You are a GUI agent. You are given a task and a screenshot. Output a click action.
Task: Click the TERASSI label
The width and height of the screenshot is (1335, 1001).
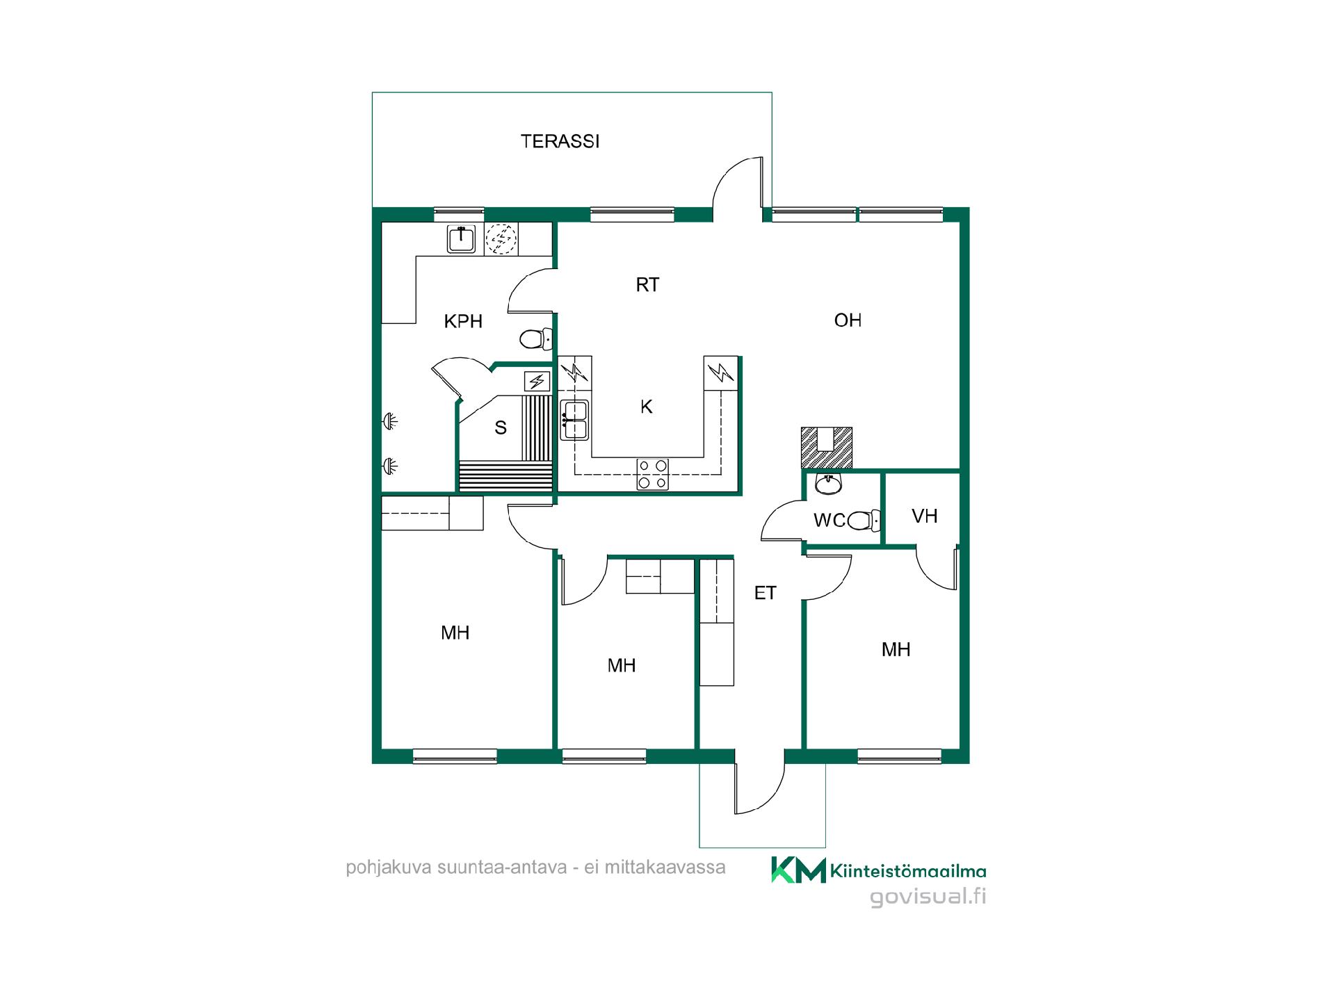point(560,141)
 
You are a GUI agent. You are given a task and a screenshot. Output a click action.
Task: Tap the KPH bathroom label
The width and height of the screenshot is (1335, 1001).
point(463,321)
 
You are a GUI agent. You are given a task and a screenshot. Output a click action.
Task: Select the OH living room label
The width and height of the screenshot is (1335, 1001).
point(848,320)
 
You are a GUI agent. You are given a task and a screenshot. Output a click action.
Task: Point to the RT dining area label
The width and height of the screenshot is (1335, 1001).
point(647,284)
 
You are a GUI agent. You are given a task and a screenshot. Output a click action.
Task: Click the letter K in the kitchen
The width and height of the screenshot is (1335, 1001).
point(647,407)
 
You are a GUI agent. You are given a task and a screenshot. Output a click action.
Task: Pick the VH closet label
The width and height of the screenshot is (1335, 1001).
point(925,516)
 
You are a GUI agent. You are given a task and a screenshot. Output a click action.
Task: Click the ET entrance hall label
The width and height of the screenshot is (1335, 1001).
point(765,593)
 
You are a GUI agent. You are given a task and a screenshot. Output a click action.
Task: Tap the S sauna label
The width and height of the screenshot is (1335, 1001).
point(501,428)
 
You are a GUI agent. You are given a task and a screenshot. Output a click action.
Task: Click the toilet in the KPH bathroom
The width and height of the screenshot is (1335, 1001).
point(536,339)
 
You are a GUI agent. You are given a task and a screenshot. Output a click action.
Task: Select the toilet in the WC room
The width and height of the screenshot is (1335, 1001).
point(864,521)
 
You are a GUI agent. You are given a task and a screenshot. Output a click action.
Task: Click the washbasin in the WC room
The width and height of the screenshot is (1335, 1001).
point(828,484)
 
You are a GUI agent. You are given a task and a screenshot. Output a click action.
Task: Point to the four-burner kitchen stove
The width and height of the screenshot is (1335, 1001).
point(653,474)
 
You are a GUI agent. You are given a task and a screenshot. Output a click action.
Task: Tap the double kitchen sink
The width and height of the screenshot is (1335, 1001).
point(575,420)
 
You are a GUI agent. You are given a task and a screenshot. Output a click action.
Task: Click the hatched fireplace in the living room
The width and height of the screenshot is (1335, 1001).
point(826,448)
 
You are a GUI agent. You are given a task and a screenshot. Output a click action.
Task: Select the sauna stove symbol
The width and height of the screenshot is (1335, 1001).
point(537,381)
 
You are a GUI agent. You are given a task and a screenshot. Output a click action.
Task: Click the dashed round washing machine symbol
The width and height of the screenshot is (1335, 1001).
point(501,239)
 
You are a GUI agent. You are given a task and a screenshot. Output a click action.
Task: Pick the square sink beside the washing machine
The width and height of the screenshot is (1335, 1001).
point(461,239)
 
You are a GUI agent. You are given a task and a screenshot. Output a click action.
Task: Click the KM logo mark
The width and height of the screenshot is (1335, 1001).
point(798,870)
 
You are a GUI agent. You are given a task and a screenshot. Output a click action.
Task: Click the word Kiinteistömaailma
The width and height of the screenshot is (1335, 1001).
point(908,871)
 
